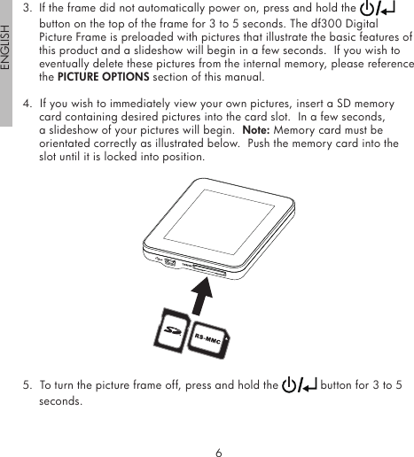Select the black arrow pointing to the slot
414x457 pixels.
point(206,297)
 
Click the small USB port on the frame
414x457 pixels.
point(169,263)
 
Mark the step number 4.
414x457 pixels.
point(26,104)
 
